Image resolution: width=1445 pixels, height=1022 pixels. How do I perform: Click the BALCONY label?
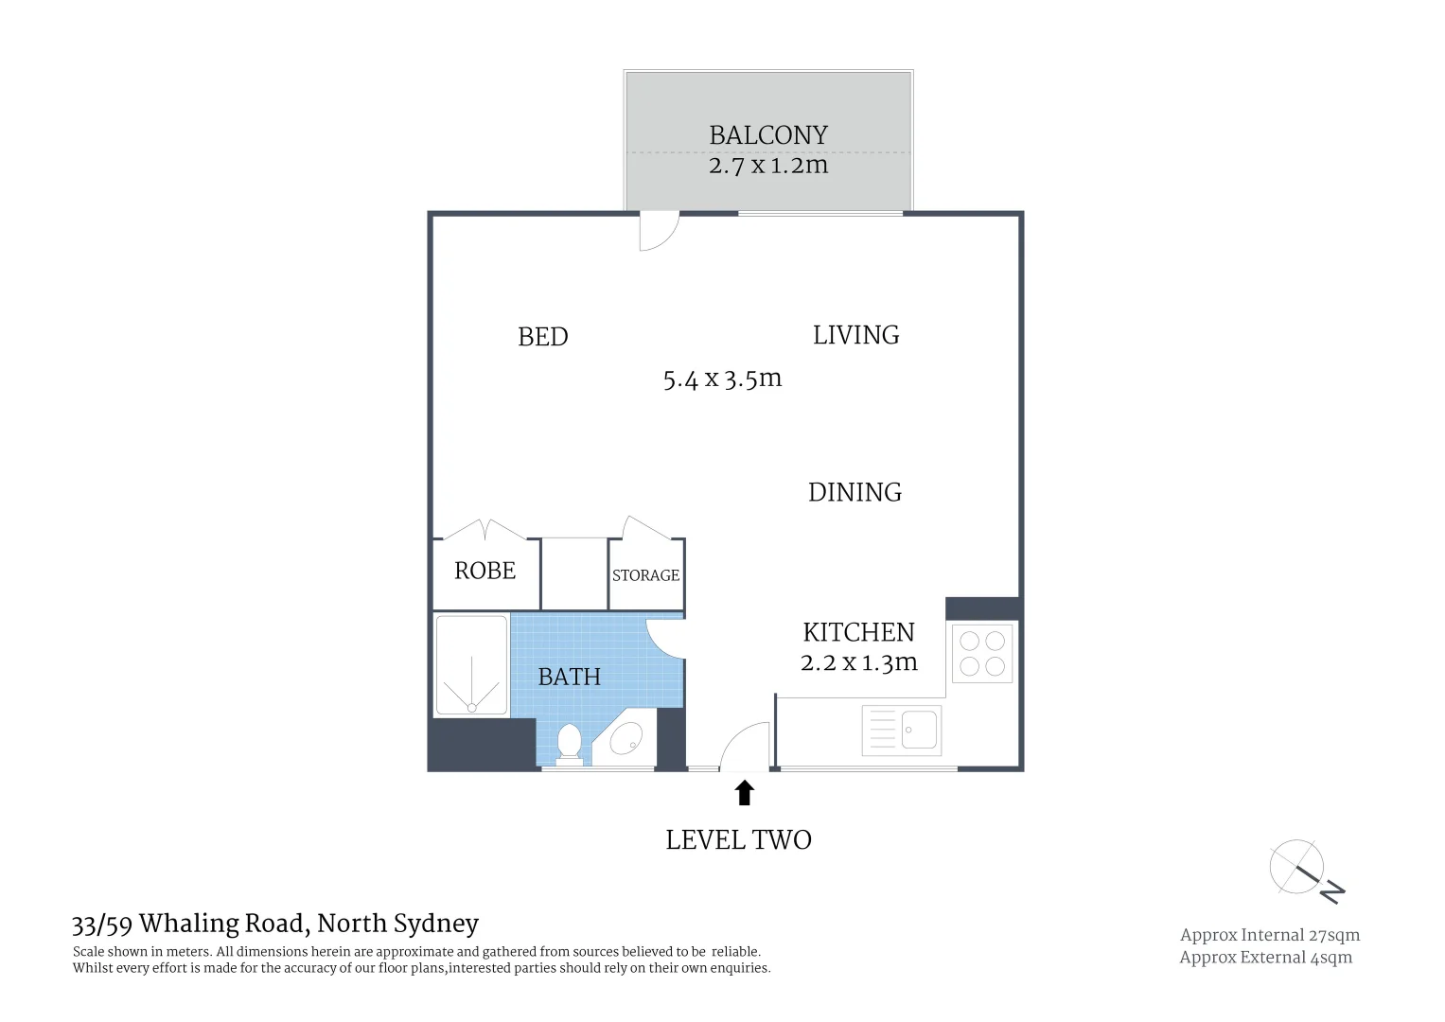[767, 135]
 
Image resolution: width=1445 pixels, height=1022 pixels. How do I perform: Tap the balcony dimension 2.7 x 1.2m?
[767, 166]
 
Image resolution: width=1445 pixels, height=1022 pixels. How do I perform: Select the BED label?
[542, 337]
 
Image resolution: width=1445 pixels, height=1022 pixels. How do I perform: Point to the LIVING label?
[855, 335]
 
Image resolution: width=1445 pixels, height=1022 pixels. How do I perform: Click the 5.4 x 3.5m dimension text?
[722, 379]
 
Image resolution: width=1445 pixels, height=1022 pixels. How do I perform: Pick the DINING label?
[855, 492]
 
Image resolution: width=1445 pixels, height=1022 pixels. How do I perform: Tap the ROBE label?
[485, 571]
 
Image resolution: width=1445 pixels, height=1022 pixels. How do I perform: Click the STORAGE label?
[645, 575]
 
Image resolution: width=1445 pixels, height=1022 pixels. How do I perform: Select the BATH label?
[569, 677]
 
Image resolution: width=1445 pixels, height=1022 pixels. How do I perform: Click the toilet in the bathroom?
[569, 742]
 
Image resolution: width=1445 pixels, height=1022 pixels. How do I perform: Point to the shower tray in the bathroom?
[471, 665]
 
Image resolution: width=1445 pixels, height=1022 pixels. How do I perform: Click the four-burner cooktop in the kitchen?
[981, 653]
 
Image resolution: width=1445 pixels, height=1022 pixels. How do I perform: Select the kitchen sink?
[919, 729]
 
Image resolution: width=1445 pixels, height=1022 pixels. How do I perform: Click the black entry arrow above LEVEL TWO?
[744, 792]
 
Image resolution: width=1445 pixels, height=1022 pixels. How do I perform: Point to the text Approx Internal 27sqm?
[1269, 935]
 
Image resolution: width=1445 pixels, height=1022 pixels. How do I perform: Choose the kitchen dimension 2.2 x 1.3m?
[858, 662]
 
